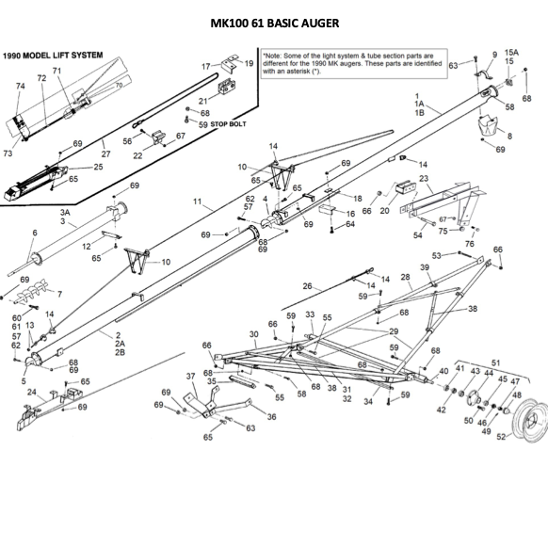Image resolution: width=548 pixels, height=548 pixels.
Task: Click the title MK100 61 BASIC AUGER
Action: click(273, 23)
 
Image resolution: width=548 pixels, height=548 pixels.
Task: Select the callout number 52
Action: click(502, 436)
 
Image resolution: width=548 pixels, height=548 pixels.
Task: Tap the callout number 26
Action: click(307, 285)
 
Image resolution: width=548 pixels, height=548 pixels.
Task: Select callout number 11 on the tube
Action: click(199, 201)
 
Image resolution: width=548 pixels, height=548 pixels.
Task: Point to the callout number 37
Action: click(193, 377)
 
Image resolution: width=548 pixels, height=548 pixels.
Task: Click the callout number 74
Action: click(21, 86)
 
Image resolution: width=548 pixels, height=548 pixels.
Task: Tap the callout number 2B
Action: click(120, 352)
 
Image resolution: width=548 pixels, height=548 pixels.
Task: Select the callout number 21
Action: click(202, 101)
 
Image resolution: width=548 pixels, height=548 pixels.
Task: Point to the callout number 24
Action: click(32, 392)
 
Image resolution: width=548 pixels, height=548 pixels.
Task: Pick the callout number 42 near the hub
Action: click(442, 410)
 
